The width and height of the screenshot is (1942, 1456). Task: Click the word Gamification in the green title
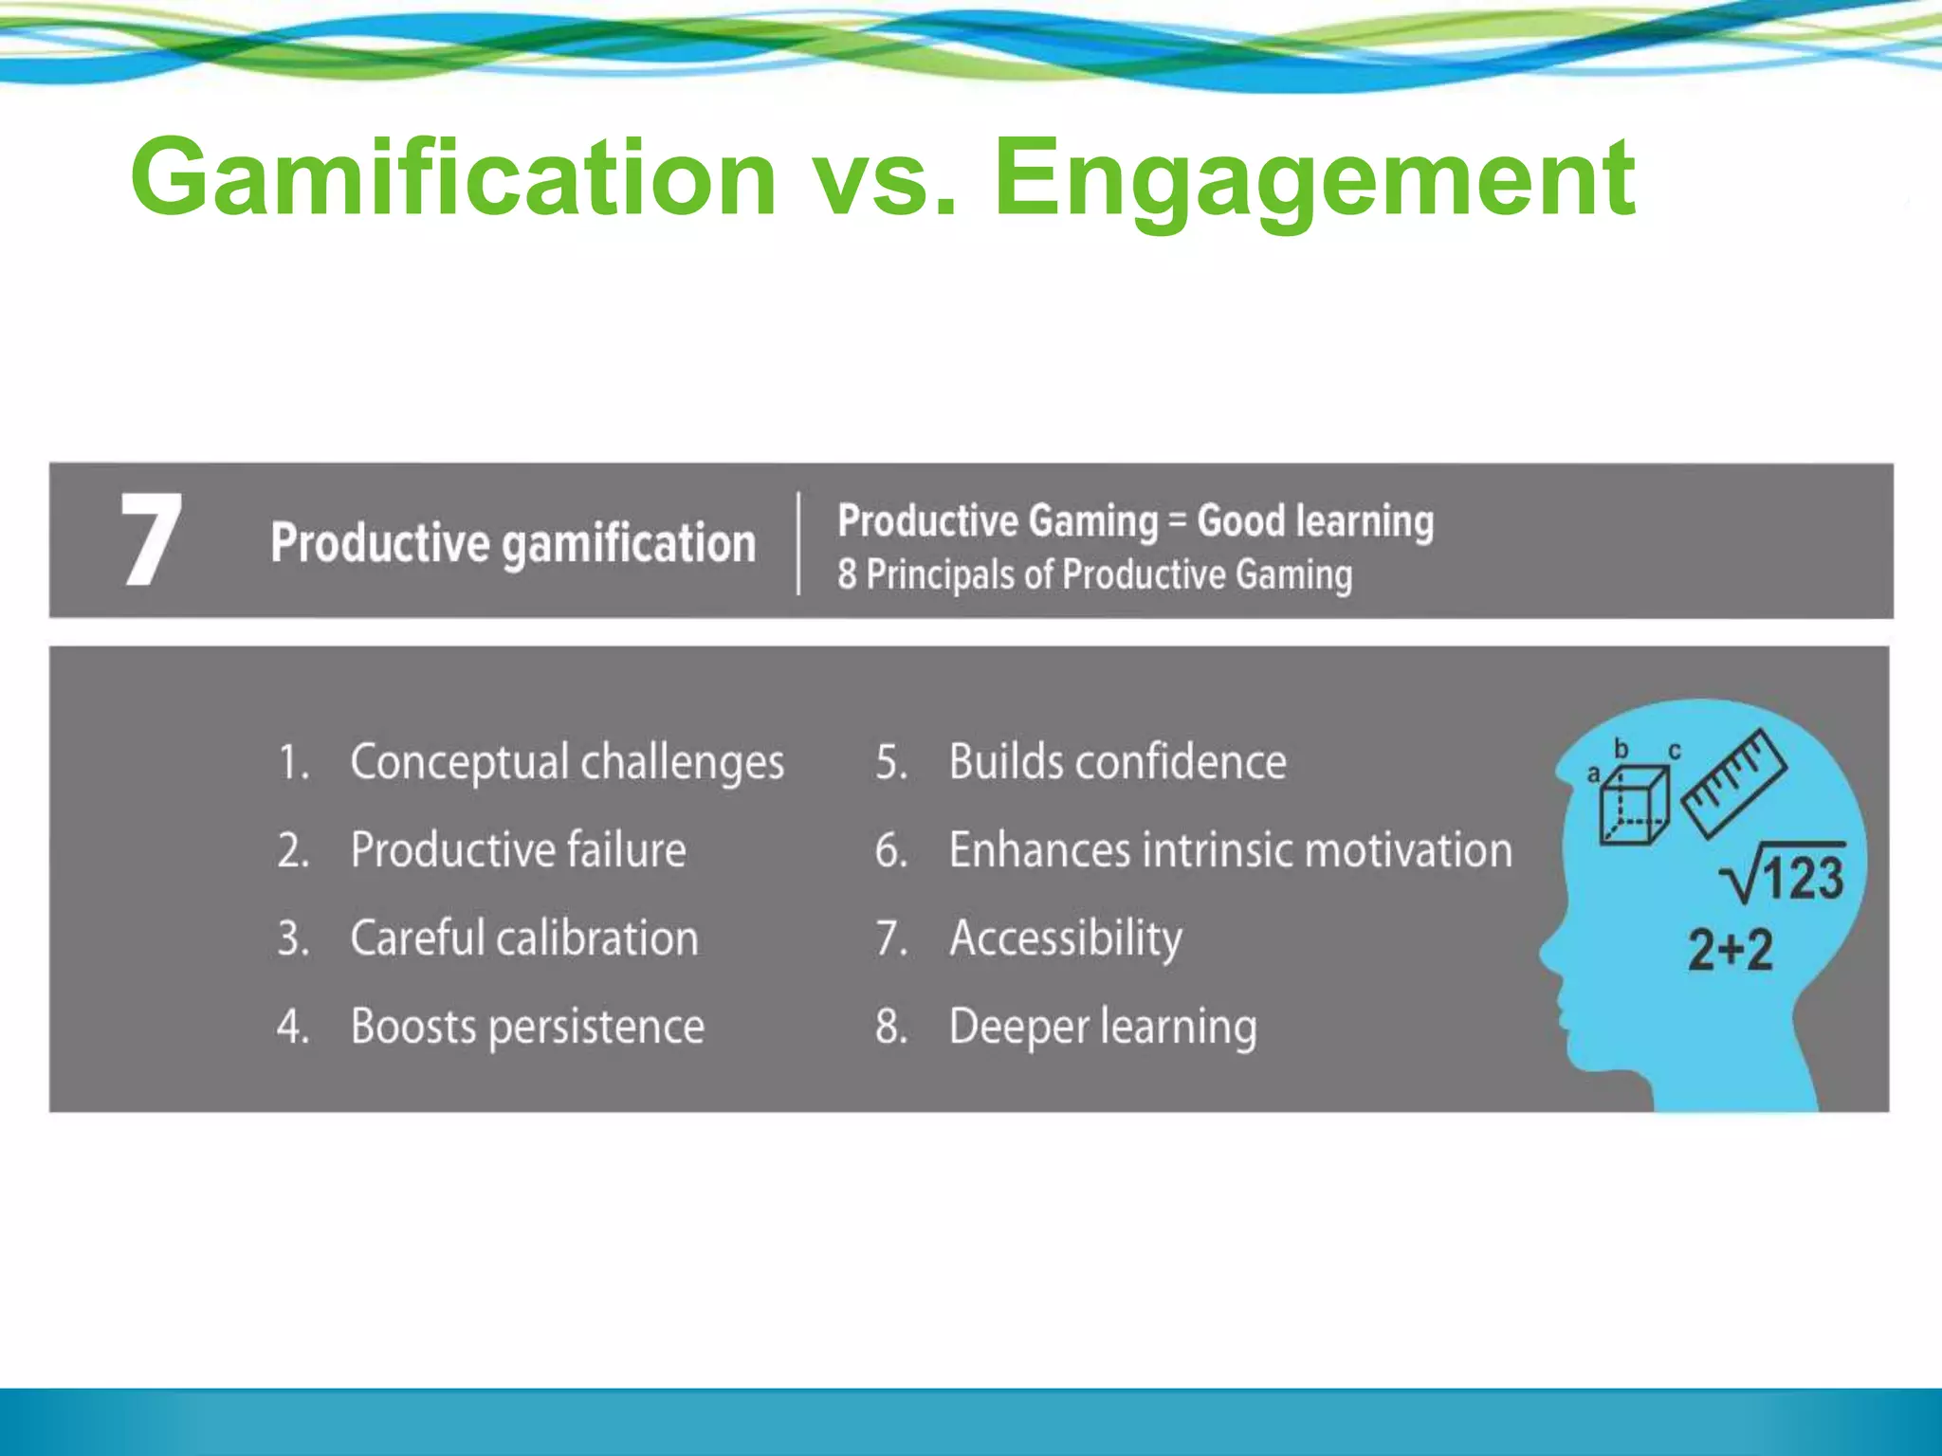453,177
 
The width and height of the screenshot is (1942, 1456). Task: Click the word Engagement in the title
1313,177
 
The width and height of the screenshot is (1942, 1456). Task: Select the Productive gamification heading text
513,543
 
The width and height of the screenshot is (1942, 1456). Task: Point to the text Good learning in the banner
1315,520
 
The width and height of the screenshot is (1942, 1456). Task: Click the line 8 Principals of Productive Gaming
1094,574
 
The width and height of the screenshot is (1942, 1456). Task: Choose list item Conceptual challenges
566,762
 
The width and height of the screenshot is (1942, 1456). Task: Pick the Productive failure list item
518,849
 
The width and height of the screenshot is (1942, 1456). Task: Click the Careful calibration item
524,937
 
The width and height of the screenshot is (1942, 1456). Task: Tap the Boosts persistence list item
527,1026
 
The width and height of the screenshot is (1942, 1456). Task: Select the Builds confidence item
1117,762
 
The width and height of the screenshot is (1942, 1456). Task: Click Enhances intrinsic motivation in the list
1230,849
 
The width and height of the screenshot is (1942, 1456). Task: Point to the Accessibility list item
1066,937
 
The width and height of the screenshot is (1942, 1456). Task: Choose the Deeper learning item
1103,1026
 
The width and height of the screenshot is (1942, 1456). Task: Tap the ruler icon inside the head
1733,782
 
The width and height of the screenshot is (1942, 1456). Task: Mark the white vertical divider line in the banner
798,543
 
